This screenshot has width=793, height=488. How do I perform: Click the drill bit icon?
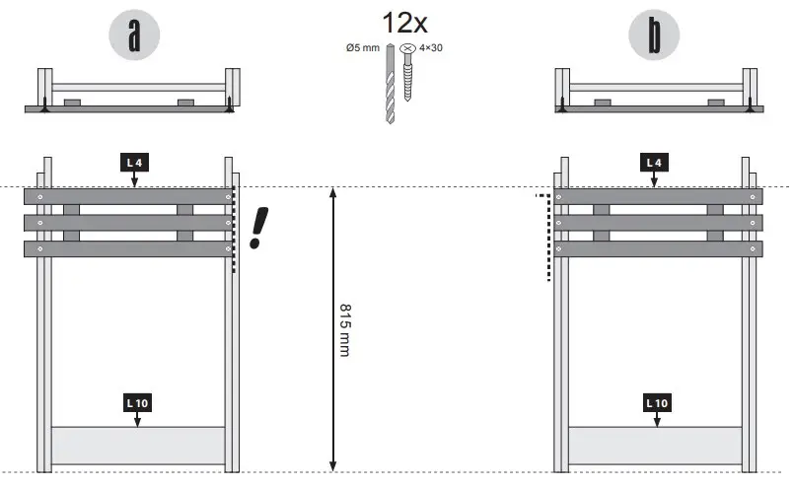coord(391,83)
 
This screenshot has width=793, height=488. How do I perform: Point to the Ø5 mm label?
coord(363,47)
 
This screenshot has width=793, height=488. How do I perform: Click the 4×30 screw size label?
coord(431,46)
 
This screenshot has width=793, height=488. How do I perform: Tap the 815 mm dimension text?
coord(344,329)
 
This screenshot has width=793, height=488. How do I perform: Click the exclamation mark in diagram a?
coord(257,227)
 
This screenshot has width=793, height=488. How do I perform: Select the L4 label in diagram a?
coord(135,162)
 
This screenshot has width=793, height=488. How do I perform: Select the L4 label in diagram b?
coord(653,162)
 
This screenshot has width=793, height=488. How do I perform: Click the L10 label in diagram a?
coord(137,402)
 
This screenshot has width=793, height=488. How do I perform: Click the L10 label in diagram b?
coord(657,402)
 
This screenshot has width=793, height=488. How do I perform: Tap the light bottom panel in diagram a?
coord(137,446)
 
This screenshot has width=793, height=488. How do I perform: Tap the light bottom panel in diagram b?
coord(657,446)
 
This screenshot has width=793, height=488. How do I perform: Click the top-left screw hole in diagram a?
coord(39,197)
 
